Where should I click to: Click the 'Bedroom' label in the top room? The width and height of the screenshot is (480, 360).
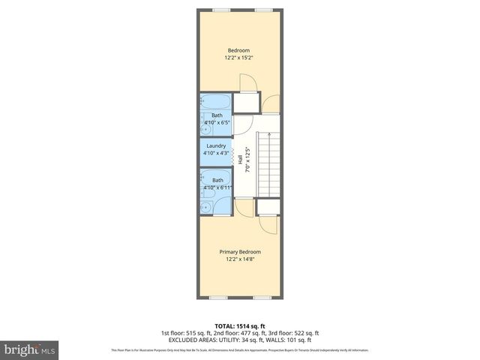(x=238, y=50)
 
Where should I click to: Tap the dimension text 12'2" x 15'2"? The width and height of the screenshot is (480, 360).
(x=238, y=58)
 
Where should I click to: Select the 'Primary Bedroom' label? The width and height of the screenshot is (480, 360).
(x=238, y=251)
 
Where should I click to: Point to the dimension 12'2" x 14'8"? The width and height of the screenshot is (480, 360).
(x=238, y=259)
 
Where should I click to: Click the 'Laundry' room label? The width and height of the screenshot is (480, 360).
(x=216, y=146)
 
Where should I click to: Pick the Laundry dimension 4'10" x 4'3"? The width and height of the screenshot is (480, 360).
(x=216, y=154)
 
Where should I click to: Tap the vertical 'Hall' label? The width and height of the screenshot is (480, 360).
(x=240, y=159)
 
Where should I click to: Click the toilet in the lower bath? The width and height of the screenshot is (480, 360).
(x=205, y=203)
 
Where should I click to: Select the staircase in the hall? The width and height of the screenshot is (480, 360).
(x=268, y=163)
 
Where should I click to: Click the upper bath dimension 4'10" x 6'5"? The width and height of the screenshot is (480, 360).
(x=217, y=122)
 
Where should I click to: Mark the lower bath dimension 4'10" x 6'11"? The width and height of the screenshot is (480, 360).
(x=217, y=188)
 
